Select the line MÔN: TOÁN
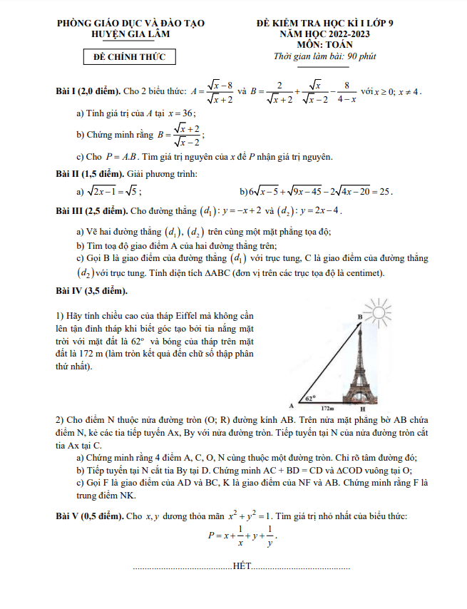pos(329,43)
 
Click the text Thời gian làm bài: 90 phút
pos(329,56)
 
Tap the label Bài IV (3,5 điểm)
pos(92,291)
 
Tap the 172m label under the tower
pos(327,409)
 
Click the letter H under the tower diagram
pos(362,409)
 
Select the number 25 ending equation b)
pos(385,192)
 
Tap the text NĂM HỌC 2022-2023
pos(329,34)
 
